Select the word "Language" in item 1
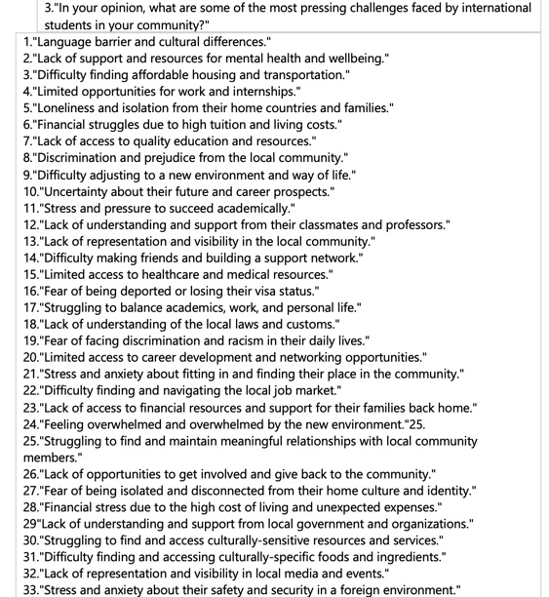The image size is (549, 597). point(79,42)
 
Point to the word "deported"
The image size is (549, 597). point(162,291)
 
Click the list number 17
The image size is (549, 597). point(31,307)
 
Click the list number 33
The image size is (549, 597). point(31,589)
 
